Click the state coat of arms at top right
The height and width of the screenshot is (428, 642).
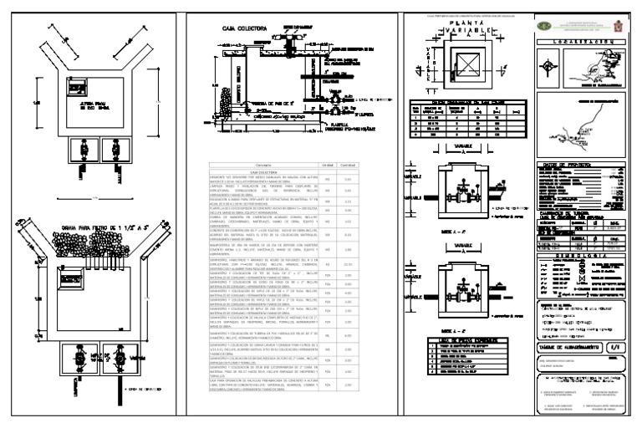[x=619, y=25]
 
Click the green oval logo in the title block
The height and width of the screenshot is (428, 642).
[x=544, y=25]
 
